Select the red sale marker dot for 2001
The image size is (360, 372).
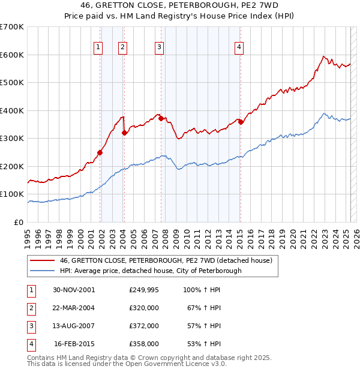point(100,152)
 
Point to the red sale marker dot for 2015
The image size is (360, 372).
point(241,122)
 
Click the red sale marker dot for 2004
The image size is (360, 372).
point(124,133)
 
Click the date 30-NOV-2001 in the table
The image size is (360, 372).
point(74,290)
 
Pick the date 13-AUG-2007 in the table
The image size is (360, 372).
point(74,326)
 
